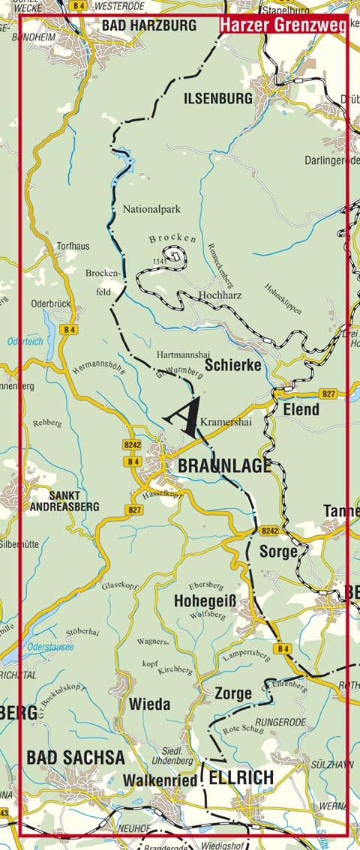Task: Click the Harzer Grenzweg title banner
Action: [x=283, y=25]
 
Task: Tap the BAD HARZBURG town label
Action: [x=148, y=25]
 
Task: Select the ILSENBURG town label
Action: [x=218, y=98]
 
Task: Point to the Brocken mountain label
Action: [x=172, y=238]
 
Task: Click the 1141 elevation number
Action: [x=157, y=260]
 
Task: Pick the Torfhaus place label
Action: [x=73, y=245]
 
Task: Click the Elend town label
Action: [x=301, y=410]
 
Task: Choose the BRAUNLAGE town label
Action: [x=224, y=465]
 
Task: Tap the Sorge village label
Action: [x=278, y=551]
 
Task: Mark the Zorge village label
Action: [x=232, y=693]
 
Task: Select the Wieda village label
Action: [x=149, y=705]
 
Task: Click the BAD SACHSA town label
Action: [x=75, y=757]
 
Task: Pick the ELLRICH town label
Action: [x=240, y=778]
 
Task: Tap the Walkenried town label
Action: [x=160, y=780]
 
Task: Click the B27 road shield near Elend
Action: [x=328, y=394]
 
